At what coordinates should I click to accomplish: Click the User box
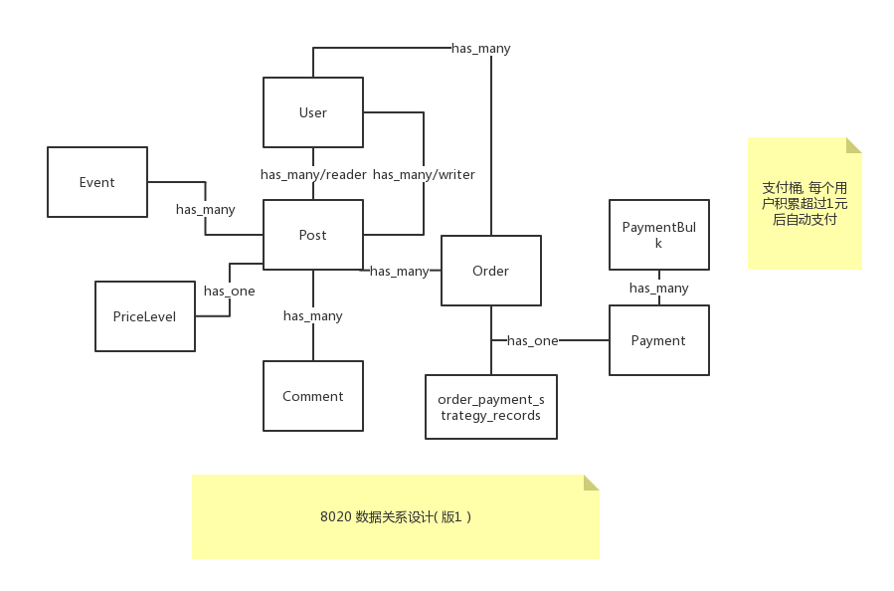(312, 112)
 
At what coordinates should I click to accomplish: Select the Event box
(97, 182)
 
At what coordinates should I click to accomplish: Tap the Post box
(312, 235)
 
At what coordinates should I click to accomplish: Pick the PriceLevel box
(144, 316)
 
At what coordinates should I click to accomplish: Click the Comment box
(312, 396)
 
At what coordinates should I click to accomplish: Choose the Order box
(490, 271)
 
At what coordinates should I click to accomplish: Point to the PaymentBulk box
(658, 235)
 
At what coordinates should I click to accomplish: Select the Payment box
(658, 340)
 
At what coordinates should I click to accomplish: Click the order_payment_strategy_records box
(490, 407)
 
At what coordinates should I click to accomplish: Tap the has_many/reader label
(313, 174)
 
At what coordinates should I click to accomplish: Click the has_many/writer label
(424, 174)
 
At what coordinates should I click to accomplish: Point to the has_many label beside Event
(205, 209)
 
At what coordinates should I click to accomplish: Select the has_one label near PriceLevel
(229, 291)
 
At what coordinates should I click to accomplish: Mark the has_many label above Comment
(312, 315)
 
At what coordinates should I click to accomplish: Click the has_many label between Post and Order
(399, 271)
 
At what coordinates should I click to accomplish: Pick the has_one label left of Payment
(532, 340)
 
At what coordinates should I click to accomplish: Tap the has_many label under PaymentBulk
(658, 288)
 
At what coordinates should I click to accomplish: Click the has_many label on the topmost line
(480, 48)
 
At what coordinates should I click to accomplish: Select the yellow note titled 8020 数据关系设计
(395, 516)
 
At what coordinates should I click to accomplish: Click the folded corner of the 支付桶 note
(853, 145)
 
